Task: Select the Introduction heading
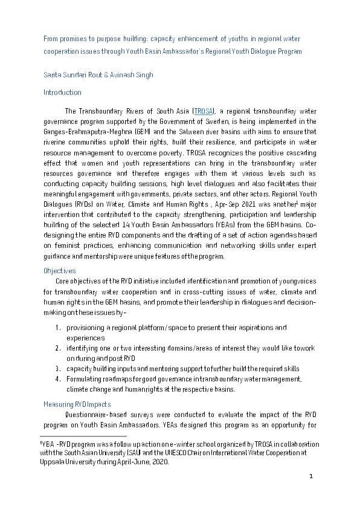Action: [x=62, y=92]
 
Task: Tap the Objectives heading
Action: [x=59, y=271]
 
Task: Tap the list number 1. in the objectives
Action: [x=57, y=328]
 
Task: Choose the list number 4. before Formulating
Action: [x=57, y=379]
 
